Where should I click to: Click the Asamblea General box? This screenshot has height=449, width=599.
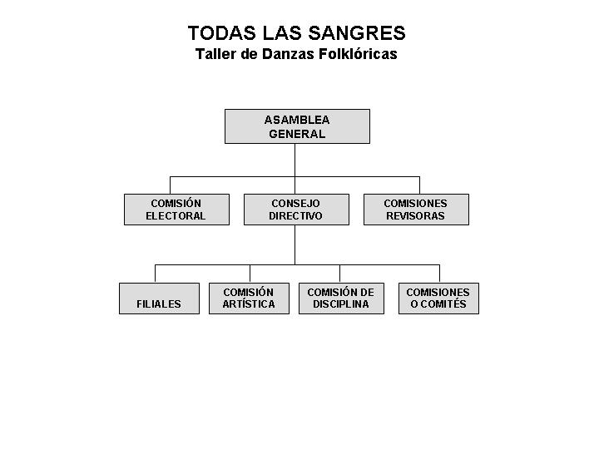point(297,126)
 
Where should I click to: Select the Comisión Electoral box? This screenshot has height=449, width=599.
point(176,210)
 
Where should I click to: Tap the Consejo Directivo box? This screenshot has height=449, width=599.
point(296,210)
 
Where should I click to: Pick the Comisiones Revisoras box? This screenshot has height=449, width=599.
point(417,210)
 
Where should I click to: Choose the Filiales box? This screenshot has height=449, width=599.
point(159,299)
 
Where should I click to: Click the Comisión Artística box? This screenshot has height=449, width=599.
point(249,299)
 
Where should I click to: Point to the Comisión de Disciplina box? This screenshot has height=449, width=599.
point(341,299)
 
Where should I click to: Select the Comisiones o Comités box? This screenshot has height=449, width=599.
point(438,299)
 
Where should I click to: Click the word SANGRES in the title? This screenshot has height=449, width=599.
point(357,32)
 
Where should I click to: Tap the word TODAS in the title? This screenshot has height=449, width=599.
point(222,32)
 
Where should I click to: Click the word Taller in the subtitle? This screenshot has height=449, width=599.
point(215,54)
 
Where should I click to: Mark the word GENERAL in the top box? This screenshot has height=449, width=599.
point(297,134)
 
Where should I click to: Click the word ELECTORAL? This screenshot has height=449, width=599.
point(176,216)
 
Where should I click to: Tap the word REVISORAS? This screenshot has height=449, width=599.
point(415,216)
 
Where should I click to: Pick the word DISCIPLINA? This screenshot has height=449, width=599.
point(341,304)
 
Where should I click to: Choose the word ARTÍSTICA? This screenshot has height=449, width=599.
point(249,304)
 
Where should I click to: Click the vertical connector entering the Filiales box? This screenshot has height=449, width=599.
point(155,274)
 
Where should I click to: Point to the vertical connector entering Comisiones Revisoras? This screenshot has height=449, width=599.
point(420,185)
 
